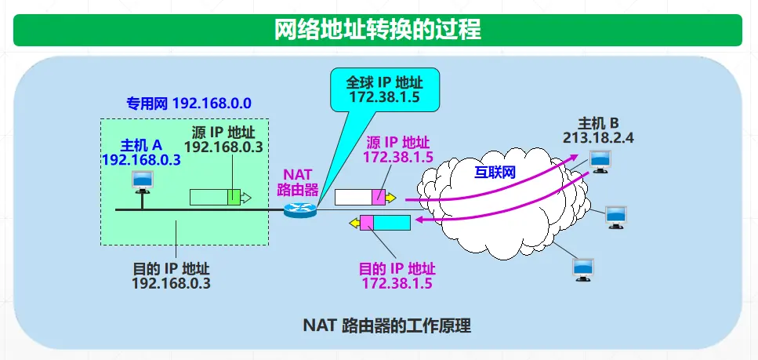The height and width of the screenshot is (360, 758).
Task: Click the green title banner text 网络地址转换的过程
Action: (378, 30)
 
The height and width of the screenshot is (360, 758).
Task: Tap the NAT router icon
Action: (299, 210)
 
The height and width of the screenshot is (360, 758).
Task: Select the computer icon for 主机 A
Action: (143, 183)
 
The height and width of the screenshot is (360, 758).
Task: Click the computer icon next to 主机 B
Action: (600, 162)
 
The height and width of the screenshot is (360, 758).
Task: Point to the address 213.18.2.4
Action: (598, 138)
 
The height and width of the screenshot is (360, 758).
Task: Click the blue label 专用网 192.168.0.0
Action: (189, 103)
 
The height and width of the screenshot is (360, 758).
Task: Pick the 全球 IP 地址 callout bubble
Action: (385, 90)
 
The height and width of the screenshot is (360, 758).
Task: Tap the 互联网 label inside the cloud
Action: (495, 173)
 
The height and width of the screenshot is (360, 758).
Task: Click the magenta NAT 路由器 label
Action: (298, 181)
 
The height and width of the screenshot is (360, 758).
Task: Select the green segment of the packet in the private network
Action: (234, 197)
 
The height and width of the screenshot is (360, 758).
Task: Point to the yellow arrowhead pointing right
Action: (390, 198)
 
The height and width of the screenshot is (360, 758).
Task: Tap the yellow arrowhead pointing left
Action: (354, 223)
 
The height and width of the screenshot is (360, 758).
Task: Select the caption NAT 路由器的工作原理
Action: (386, 325)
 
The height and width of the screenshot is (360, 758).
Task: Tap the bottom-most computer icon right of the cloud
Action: (583, 270)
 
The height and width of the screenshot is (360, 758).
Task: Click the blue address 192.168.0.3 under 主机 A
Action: (142, 160)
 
